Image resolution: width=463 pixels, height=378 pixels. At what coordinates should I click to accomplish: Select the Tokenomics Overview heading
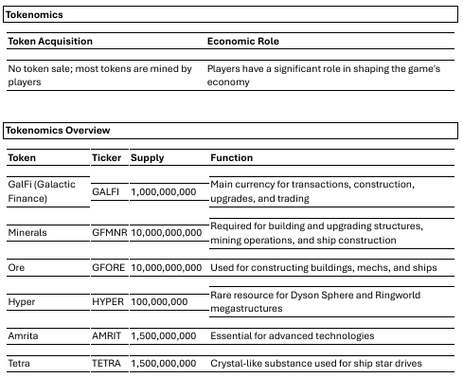coord(58,130)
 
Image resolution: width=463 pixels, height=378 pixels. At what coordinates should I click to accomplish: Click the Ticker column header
coord(107,157)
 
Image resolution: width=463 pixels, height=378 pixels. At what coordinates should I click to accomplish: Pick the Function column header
coord(232,157)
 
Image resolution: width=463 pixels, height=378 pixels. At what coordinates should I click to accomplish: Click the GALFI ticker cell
coord(105,191)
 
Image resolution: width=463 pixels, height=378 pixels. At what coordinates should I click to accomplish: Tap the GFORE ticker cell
coord(108,268)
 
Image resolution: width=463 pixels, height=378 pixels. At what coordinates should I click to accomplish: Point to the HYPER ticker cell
coord(108,301)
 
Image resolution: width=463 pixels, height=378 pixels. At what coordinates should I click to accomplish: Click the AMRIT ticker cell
coord(107,335)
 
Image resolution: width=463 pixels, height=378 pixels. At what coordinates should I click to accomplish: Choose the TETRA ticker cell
coord(106,363)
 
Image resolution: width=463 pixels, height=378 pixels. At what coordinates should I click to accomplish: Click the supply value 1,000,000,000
coord(163,191)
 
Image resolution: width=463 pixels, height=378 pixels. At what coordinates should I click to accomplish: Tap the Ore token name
coord(16,268)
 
